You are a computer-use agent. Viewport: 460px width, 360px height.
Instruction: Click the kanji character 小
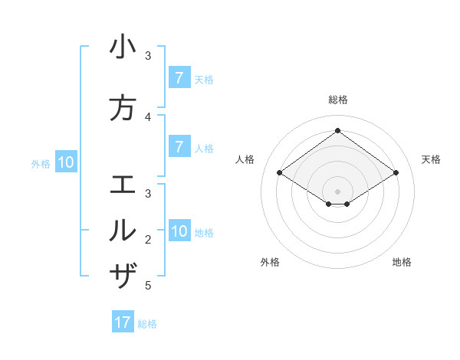(123, 47)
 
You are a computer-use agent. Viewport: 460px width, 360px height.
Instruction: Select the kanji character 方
(123, 109)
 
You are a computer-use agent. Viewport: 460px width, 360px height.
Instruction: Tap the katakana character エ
(123, 185)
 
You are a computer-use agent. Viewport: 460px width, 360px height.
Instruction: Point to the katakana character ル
(123, 230)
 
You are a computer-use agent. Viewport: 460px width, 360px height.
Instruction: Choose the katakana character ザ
(123, 274)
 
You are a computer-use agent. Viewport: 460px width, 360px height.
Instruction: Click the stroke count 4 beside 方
(149, 117)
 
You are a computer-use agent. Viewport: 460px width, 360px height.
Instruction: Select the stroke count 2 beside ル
(149, 240)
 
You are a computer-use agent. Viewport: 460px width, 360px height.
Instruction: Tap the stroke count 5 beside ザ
(149, 286)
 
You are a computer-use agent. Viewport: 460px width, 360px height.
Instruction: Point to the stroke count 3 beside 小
(149, 56)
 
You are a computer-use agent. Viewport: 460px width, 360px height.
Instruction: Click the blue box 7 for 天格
(179, 78)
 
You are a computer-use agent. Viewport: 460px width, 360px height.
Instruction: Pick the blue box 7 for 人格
(179, 147)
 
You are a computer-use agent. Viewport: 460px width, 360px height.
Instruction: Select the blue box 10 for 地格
(180, 231)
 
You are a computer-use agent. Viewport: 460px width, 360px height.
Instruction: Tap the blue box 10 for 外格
(66, 162)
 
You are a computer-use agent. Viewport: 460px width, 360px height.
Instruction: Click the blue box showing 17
(123, 322)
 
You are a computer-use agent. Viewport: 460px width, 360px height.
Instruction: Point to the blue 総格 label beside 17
(147, 324)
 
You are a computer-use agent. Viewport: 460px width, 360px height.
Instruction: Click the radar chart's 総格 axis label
(338, 99)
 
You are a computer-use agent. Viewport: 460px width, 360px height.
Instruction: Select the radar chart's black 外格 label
(270, 262)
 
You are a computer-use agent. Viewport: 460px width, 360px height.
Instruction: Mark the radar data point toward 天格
(396, 173)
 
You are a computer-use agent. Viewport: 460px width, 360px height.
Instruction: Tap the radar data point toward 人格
(280, 173)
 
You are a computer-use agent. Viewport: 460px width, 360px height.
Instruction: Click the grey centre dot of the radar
(338, 191)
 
